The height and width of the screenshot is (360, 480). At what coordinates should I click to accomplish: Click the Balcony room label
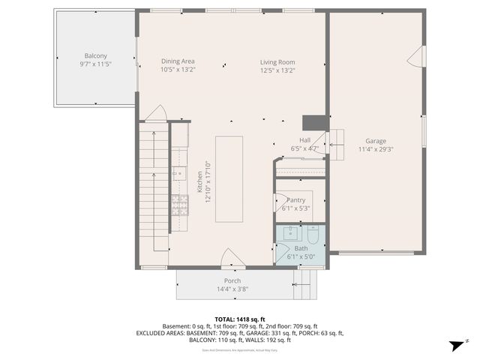point(95,55)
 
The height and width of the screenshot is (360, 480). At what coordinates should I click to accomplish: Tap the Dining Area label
point(178,61)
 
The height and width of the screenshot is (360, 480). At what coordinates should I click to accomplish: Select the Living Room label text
point(277,61)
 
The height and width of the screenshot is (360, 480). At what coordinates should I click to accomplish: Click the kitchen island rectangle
point(229,178)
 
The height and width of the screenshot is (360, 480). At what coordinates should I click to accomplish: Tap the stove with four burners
point(179,205)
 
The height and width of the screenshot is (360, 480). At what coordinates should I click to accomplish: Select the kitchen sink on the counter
point(178,174)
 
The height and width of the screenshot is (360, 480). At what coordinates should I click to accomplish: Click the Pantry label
point(295,200)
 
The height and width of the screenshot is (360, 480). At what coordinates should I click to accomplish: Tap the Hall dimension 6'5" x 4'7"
point(304,148)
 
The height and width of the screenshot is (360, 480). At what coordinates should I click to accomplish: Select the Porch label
point(232,280)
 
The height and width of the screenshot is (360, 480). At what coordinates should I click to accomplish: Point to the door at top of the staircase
point(155,113)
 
